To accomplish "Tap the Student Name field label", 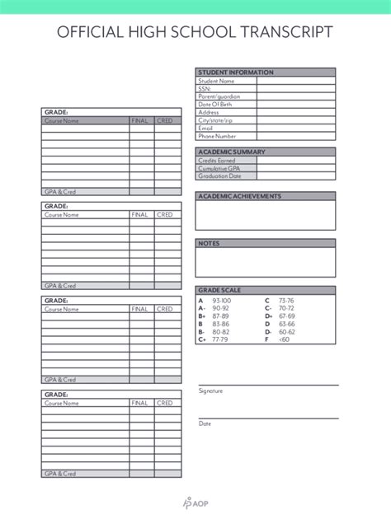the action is (x=216, y=81).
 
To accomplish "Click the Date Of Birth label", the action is (x=215, y=105).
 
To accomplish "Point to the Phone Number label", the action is (x=217, y=136).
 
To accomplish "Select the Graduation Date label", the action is (x=219, y=175).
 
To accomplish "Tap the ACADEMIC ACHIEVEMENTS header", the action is (x=239, y=196).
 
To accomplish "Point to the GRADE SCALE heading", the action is (x=219, y=290).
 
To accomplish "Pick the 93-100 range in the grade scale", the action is (x=222, y=302).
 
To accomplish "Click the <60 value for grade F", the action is (x=285, y=339).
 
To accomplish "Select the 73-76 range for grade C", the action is (x=287, y=302).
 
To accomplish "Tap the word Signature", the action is (x=210, y=391).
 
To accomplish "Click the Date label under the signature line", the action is (x=205, y=423).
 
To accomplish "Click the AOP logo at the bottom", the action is (x=195, y=502).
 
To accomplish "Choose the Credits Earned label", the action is (x=216, y=160).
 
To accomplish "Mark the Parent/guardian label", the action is (x=219, y=96).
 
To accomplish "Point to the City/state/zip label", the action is (x=216, y=120).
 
